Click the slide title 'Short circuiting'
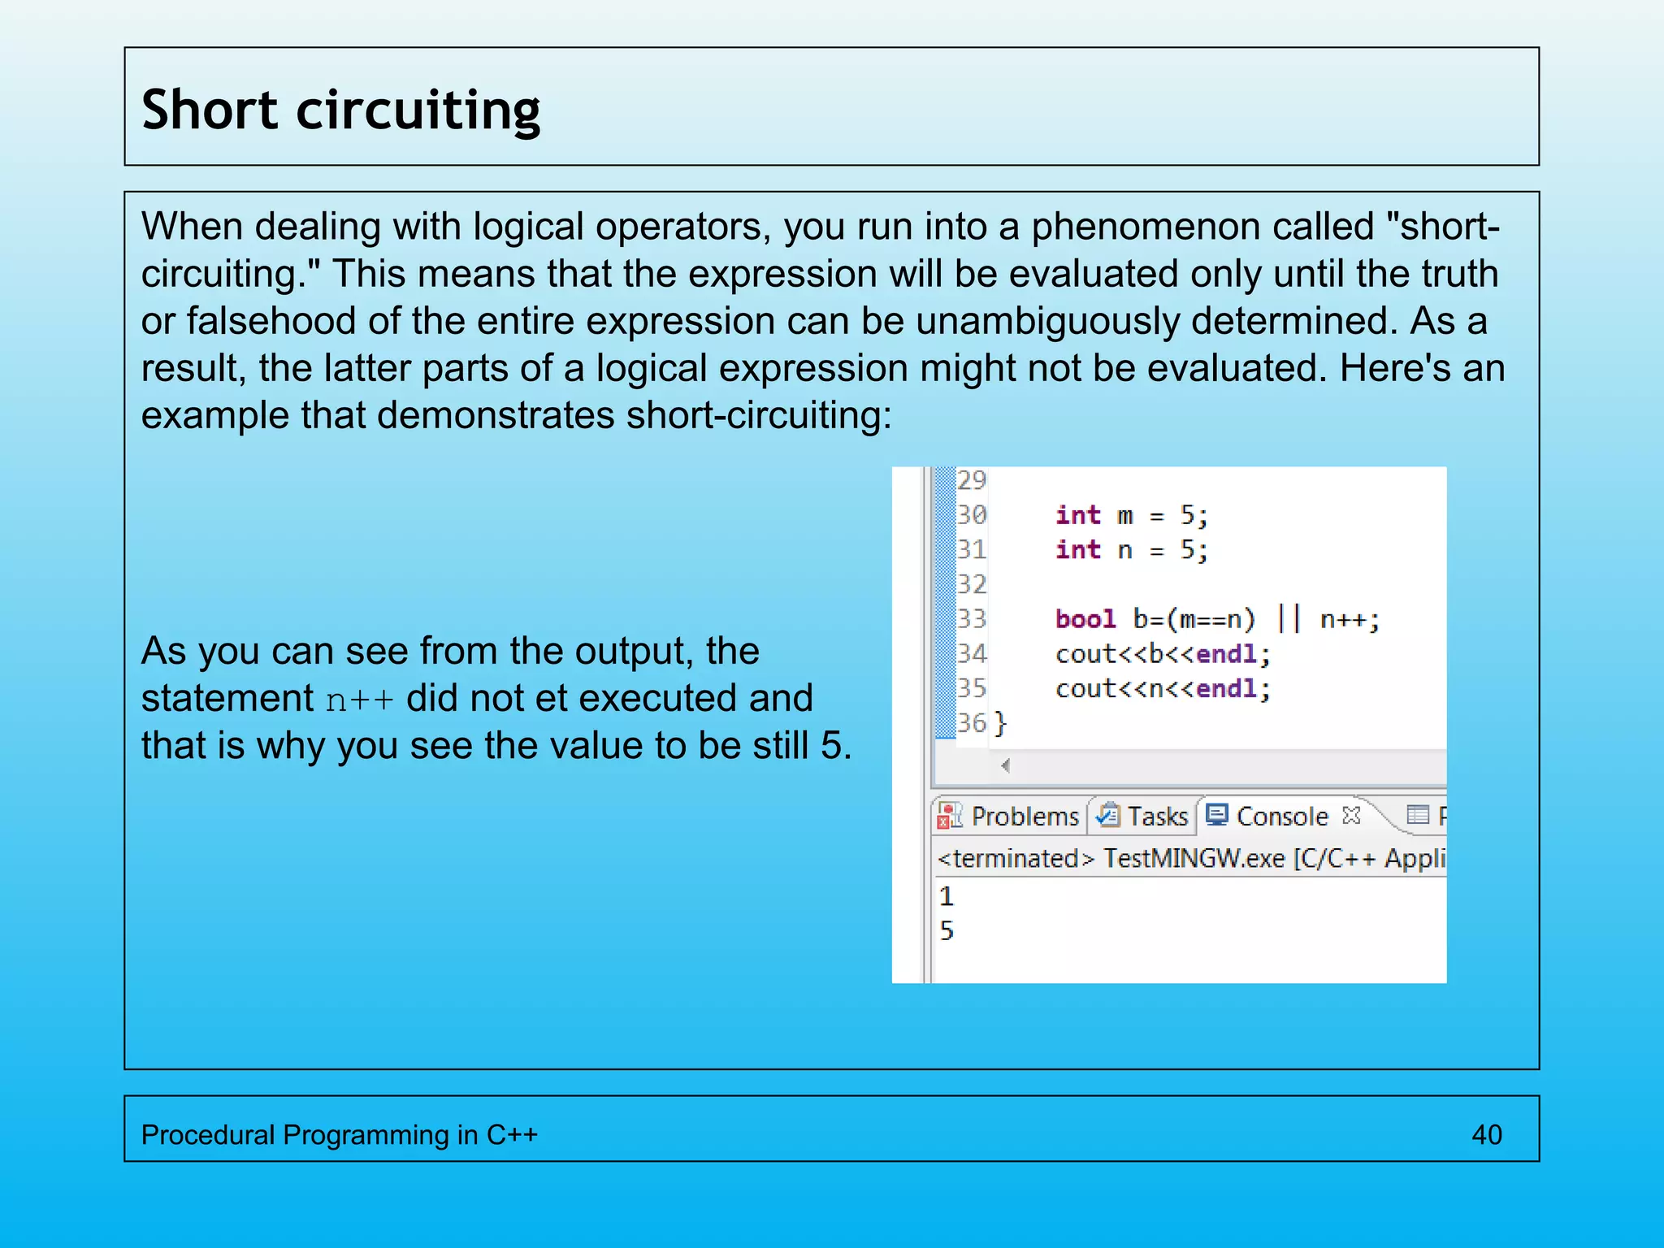[x=340, y=110]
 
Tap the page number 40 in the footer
[x=1486, y=1134]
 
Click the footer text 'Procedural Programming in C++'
[x=339, y=1134]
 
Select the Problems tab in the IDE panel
[x=1024, y=816]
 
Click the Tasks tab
[x=1157, y=816]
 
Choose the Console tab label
[x=1281, y=816]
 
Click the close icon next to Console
[x=1351, y=815]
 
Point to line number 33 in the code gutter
[x=972, y=619]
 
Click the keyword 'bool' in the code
[x=1085, y=619]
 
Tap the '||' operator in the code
[x=1289, y=619]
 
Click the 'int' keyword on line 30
[x=1077, y=515]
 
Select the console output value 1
[x=947, y=896]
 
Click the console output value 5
[x=947, y=931]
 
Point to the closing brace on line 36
[x=1001, y=722]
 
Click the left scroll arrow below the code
[x=1006, y=765]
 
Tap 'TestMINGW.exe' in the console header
[x=1194, y=858]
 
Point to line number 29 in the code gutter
[x=972, y=480]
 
